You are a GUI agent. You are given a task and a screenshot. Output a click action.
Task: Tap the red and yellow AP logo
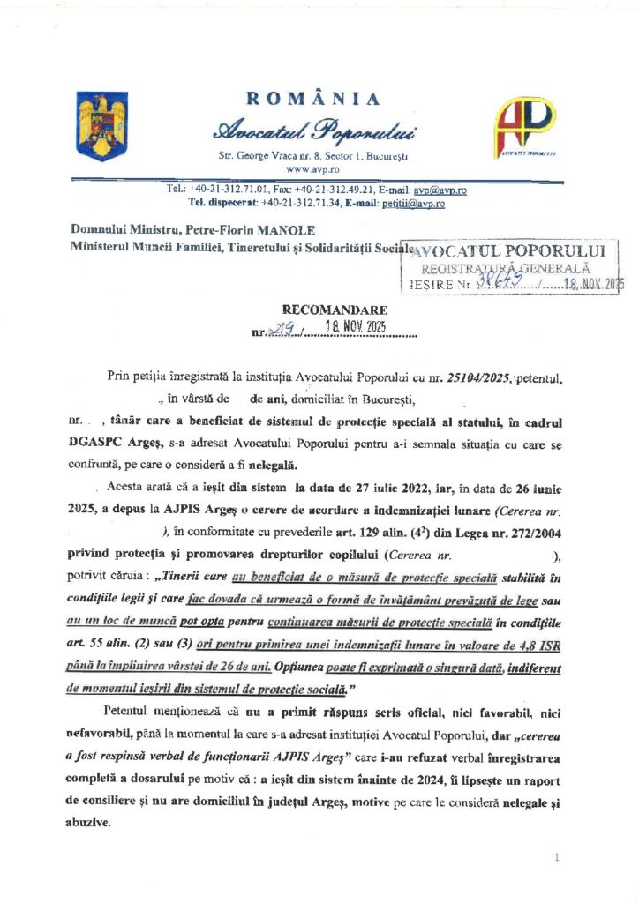524,125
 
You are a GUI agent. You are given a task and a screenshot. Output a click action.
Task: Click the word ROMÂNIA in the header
313,99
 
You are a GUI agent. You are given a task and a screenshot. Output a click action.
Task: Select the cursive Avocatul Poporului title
315,131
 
